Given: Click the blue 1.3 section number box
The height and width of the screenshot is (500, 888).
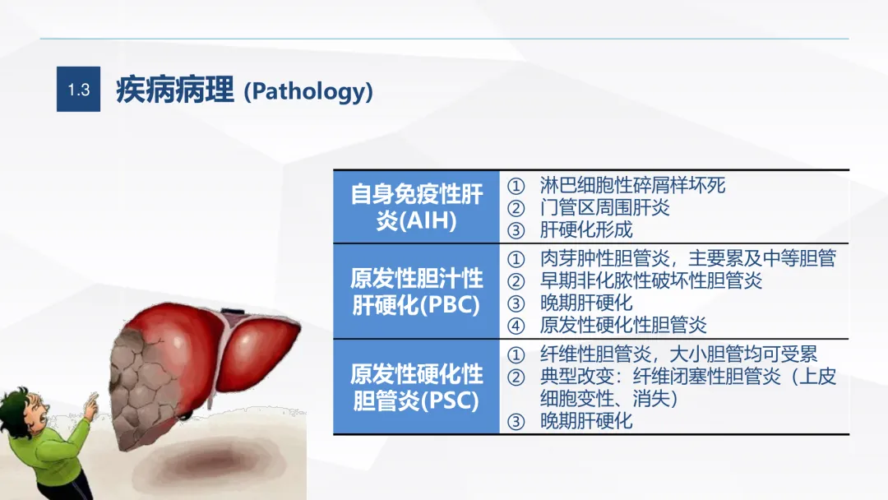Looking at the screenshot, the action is point(78,89).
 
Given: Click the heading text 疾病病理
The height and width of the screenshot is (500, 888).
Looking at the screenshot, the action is point(175,90).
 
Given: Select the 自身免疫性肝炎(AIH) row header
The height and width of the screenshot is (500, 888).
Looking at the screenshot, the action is point(416,206).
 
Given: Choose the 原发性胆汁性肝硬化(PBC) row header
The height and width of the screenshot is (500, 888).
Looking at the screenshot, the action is point(416,292).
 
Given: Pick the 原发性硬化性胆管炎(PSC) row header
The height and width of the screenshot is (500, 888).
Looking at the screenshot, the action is point(416,387).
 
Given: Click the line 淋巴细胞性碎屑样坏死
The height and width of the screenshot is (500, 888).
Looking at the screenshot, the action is point(632,185).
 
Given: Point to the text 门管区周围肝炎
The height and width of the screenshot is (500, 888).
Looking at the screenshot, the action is point(604,207).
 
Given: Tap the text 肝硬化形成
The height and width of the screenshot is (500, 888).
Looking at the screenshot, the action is point(585,230).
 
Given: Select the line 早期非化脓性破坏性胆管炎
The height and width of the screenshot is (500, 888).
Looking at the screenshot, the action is point(650,280).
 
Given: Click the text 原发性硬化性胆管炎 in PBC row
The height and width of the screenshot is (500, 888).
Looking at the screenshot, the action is point(623,325).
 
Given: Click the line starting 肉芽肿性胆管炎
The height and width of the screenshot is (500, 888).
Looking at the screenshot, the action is point(688,258).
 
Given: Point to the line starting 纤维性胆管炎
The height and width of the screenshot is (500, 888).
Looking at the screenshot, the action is point(678,354).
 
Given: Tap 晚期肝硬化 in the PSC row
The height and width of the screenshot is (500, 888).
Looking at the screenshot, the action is point(585,421).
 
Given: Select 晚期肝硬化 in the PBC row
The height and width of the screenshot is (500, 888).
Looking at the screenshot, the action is point(585,303).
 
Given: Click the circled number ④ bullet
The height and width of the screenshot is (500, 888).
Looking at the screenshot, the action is point(516,326).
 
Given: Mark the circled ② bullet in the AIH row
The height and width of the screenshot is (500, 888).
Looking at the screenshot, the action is point(516,208).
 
